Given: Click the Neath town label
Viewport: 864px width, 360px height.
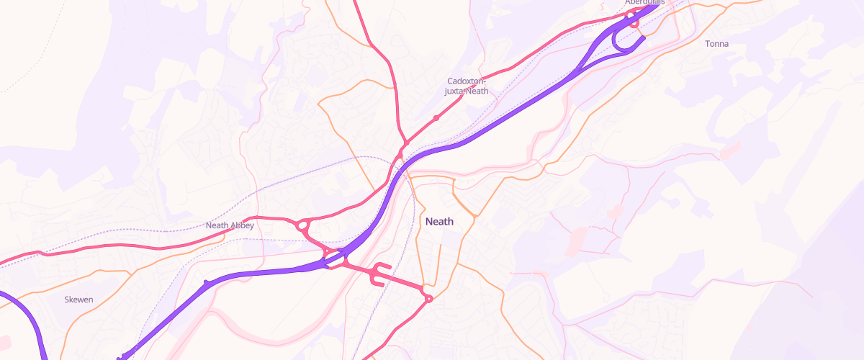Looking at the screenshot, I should click(439, 222).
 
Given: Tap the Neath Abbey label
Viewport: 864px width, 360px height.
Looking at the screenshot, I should click(230, 225).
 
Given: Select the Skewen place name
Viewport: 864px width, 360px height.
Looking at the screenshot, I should click(78, 300).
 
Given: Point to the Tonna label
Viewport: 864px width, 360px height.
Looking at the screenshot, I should click(716, 44).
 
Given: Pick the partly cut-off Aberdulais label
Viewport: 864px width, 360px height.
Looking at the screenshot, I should click(644, 3).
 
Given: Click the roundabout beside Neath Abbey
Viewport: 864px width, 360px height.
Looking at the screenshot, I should click(302, 226).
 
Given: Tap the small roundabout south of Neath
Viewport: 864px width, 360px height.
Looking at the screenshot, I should click(428, 298).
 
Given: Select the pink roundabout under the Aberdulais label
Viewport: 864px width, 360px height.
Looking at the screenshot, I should click(634, 22).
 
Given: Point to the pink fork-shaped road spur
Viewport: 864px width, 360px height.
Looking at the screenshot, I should click(379, 274).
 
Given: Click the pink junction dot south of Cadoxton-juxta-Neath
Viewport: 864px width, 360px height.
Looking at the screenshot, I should click(436, 117).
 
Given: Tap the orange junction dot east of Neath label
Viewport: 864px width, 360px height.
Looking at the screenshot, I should click(476, 215).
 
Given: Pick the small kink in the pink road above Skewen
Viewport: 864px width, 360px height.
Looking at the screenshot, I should click(43, 253).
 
